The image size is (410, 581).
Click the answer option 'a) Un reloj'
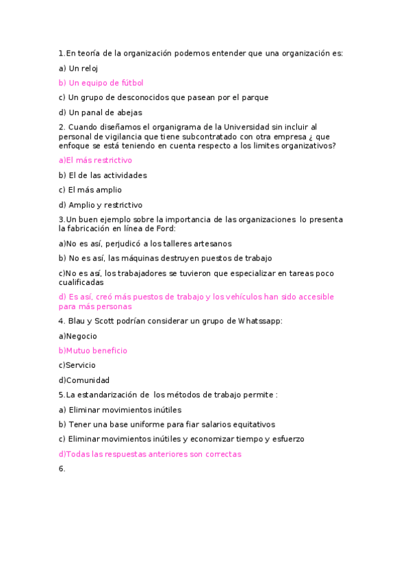point(79,68)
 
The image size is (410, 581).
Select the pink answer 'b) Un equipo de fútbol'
point(101,83)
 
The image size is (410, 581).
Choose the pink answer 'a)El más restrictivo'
point(95,160)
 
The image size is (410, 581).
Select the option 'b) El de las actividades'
point(103,175)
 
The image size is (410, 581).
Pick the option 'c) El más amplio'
point(90,190)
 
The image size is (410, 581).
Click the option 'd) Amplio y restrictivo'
point(100,206)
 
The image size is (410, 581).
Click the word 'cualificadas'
point(81,282)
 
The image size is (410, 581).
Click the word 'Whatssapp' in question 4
point(259,321)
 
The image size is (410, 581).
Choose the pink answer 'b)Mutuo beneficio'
point(93,351)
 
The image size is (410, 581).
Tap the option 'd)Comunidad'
point(84,381)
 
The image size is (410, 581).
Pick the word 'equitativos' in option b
point(251,425)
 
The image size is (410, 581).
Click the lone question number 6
point(62,469)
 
